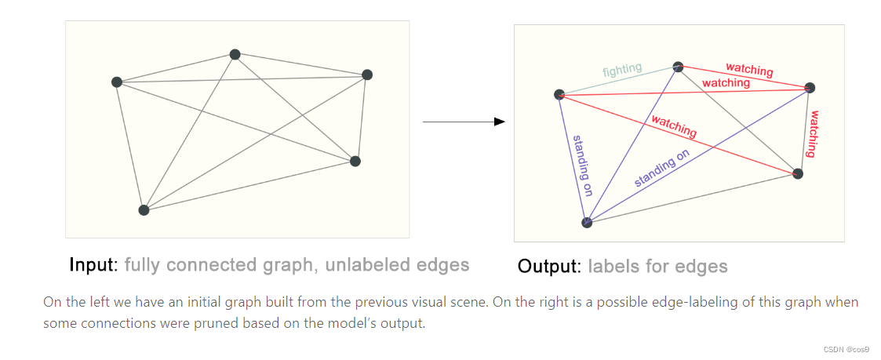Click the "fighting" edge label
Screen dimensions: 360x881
[622, 71]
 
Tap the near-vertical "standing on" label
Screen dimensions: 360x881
[581, 167]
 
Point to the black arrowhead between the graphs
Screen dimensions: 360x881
[498, 122]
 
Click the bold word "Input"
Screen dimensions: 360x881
[93, 264]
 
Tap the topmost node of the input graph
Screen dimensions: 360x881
[235, 54]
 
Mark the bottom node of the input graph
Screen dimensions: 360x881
[144, 210]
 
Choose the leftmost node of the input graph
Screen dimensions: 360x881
[117, 82]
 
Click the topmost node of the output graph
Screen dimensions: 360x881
[678, 67]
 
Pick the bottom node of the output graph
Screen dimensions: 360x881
[587, 223]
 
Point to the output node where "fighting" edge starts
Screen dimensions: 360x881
[559, 95]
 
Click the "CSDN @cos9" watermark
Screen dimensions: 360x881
[847, 349]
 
